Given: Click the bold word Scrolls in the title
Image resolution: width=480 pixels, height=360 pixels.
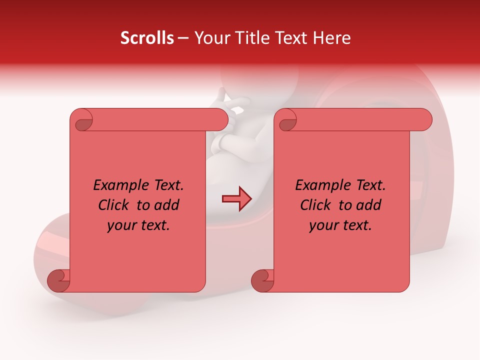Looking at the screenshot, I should point(147,38).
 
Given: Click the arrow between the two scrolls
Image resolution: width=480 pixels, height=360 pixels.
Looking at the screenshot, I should point(236,198).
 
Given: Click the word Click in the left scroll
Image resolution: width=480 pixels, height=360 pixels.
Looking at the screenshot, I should point(114,205).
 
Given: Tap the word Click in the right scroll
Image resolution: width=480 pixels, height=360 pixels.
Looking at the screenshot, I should point(316,205).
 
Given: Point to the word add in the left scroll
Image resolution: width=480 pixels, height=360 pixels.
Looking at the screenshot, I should point(166,205).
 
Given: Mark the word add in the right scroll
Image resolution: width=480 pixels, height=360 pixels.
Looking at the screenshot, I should point(368,205).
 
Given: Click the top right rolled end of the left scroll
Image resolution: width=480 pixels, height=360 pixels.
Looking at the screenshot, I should point(220,119).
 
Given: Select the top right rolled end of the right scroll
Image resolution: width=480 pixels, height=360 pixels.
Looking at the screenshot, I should point(424,119).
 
